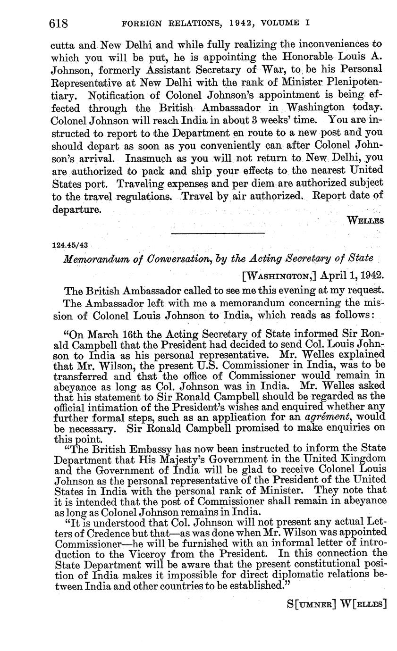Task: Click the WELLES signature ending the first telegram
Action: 365,220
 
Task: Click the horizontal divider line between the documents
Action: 218,234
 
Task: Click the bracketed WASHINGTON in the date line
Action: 276,275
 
